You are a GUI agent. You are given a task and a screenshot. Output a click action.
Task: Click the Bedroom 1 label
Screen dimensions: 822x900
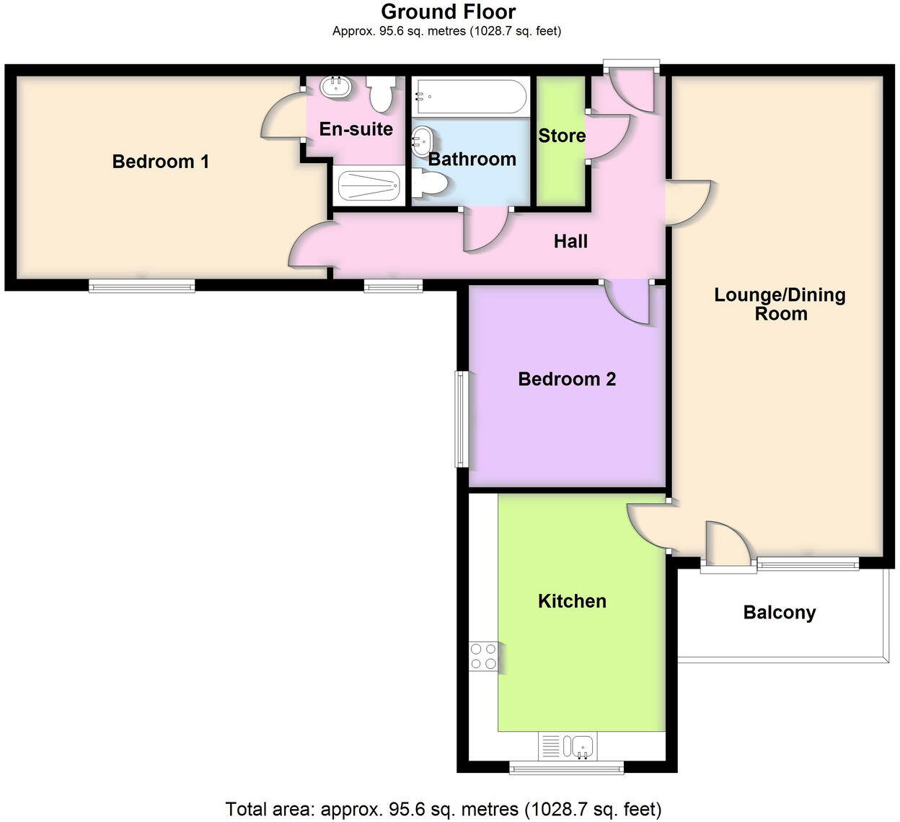tap(160, 161)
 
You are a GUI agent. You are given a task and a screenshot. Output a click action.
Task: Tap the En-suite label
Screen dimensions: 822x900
tap(356, 129)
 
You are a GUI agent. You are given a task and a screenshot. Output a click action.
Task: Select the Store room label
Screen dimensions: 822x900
tap(562, 136)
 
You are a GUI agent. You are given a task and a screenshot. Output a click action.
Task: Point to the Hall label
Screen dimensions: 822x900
tap(570, 241)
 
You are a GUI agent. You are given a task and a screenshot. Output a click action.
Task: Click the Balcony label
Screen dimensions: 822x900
tap(780, 613)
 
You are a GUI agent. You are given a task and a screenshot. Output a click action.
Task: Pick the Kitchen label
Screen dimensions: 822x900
tap(572, 601)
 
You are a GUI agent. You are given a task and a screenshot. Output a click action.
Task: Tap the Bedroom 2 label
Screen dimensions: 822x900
tap(567, 379)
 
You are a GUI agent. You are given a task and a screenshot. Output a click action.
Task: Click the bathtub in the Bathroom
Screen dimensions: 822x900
tap(469, 96)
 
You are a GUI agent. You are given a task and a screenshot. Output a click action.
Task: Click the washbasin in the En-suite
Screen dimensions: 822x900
tap(336, 87)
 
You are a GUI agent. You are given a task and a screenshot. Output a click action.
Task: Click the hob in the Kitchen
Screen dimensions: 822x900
tap(483, 657)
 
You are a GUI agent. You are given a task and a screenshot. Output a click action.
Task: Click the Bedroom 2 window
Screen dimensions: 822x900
tap(461, 419)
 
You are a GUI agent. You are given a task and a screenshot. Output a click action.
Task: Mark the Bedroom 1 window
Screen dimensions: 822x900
tap(141, 287)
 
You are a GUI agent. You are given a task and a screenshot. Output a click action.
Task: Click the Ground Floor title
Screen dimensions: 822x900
tap(448, 12)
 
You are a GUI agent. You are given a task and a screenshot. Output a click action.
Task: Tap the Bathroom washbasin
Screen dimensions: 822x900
tap(420, 140)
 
